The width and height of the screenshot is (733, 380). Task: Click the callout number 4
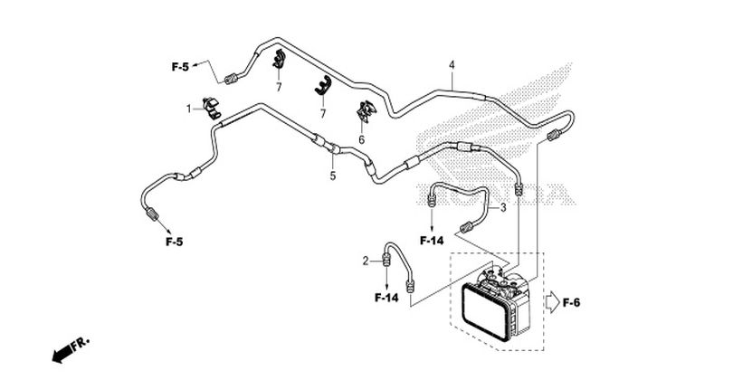coord(452,65)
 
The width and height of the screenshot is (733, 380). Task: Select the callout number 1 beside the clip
coord(189,109)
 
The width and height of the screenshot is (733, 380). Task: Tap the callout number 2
coord(366,261)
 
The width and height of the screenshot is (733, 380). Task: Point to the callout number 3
coord(503,207)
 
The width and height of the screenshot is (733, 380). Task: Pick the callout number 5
coord(333,176)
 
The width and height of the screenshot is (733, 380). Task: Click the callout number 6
coord(361,139)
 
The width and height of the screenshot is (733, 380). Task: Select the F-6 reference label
coord(571,303)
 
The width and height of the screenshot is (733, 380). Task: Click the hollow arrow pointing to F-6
coord(553,302)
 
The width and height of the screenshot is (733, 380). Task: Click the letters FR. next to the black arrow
coord(80,344)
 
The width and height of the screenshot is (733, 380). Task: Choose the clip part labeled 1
coord(212,108)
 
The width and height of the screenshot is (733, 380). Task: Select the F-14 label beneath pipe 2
coord(386,298)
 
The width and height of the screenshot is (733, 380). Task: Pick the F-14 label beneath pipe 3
coord(432,241)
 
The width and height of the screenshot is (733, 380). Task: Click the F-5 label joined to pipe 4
coord(180,67)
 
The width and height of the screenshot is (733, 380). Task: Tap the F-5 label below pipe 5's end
coord(174,242)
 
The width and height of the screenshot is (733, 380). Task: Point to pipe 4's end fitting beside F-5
coord(231,79)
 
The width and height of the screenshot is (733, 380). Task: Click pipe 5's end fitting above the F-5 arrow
coord(152,214)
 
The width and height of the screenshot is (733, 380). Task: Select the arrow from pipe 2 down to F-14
coord(386,277)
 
